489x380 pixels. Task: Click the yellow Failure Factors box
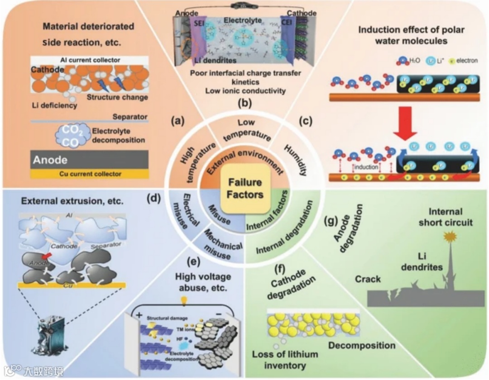244,189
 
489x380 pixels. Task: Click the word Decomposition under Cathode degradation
362,346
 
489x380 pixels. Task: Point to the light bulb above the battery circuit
184,300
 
